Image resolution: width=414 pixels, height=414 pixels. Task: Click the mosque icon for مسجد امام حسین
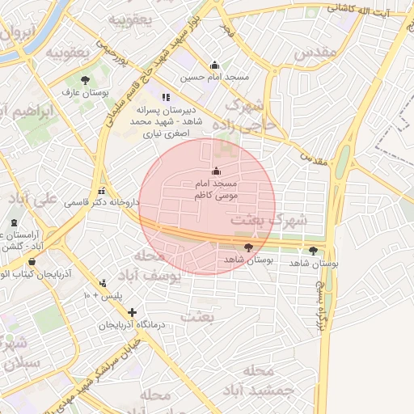[x=214, y=65]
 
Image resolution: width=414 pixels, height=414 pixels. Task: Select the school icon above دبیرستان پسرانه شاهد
[x=167, y=97]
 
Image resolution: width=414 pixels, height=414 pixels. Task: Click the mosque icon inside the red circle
[x=215, y=171]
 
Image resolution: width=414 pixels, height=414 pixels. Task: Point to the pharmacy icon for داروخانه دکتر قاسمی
[x=101, y=191]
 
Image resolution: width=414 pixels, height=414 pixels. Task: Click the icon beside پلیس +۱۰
[x=103, y=283]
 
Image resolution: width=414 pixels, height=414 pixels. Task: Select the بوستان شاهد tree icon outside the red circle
[x=314, y=251]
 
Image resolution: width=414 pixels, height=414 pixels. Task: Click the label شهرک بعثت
[x=269, y=219]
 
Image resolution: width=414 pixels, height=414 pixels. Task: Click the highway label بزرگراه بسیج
[x=321, y=299]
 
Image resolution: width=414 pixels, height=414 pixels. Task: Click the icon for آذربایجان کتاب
[x=32, y=260]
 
